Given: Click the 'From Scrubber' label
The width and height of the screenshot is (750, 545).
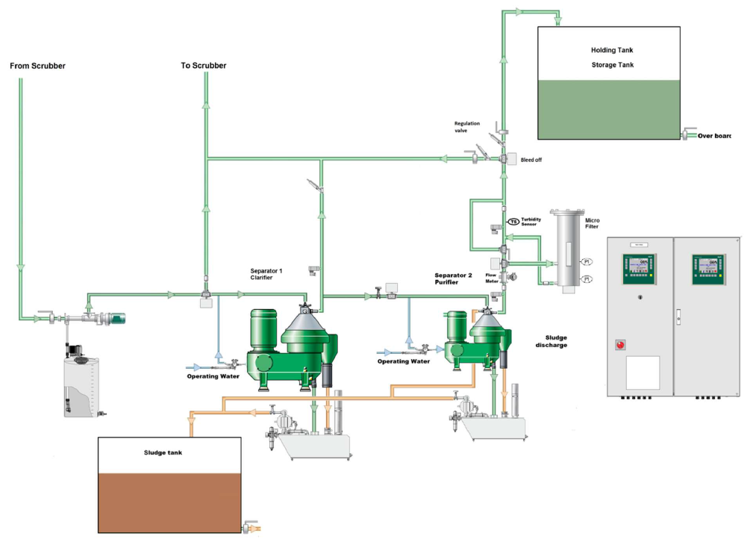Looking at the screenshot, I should (37, 66).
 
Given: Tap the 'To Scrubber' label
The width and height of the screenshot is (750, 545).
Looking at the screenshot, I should (204, 66).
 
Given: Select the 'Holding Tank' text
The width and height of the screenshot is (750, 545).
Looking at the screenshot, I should (611, 50).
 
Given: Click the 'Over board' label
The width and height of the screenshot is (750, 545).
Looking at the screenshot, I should (714, 136).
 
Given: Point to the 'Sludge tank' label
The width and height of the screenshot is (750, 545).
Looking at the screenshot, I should (163, 452).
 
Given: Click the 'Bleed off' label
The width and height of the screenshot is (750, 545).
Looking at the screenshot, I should (531, 160).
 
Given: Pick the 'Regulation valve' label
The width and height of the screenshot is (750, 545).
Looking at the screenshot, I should (467, 127).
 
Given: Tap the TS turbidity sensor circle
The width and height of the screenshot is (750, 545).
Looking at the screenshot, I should (513, 221).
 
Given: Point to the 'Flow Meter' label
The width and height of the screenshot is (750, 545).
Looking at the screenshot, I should (491, 278).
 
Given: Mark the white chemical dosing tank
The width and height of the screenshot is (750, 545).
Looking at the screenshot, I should (81, 384).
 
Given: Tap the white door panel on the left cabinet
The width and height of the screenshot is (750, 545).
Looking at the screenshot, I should (643, 372).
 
